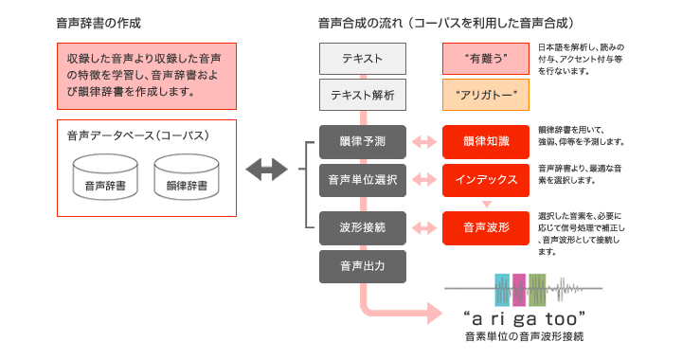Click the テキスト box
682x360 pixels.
tap(363, 59)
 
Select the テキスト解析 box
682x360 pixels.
tap(363, 95)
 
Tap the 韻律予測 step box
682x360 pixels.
tap(363, 141)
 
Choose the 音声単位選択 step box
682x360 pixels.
tap(363, 178)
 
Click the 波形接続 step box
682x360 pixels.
tap(363, 226)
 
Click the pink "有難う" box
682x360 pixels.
tap(486, 59)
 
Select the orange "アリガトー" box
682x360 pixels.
tap(486, 95)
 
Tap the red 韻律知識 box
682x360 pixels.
tap(486, 141)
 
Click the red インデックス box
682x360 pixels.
tap(486, 178)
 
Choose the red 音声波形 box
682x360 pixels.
tap(486, 226)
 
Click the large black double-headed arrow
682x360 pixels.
tap(265, 171)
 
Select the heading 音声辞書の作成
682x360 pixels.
tap(99, 21)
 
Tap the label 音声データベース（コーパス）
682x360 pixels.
tap(137, 135)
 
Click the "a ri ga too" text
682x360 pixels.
tap(523, 316)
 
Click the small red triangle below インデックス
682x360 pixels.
tap(486, 202)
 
